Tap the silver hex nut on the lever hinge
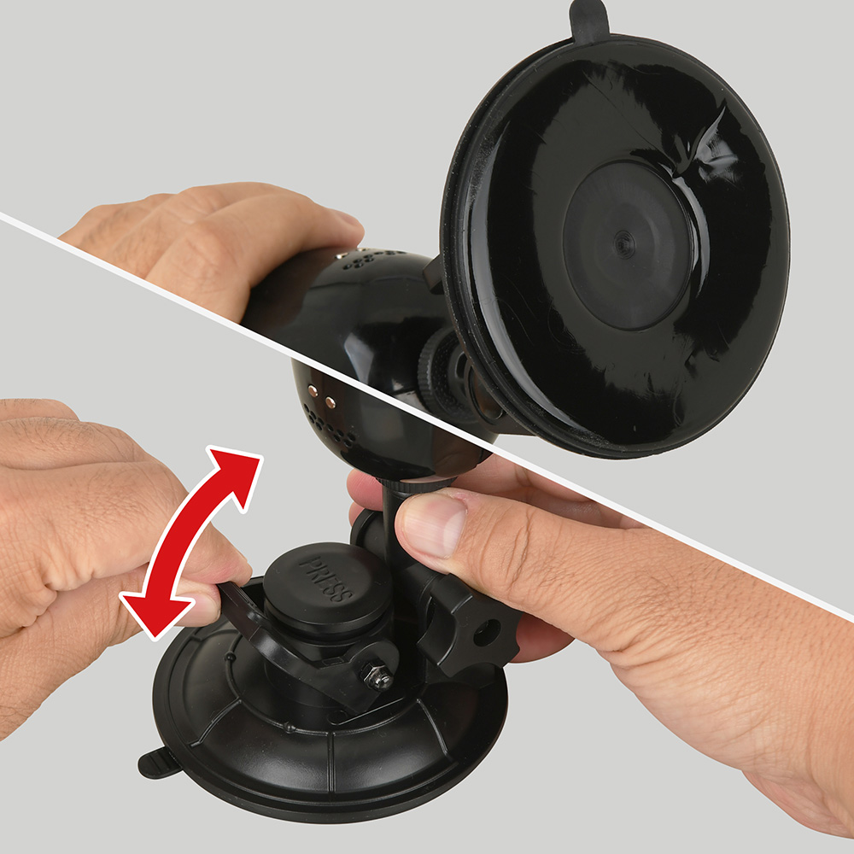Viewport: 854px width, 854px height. pos(377,676)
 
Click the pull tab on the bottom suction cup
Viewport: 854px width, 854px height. pos(157,762)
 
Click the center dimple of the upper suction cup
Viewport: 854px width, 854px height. pos(623,244)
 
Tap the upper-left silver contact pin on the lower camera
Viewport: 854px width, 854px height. pos(313,390)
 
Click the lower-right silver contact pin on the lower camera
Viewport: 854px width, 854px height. pos(330,402)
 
